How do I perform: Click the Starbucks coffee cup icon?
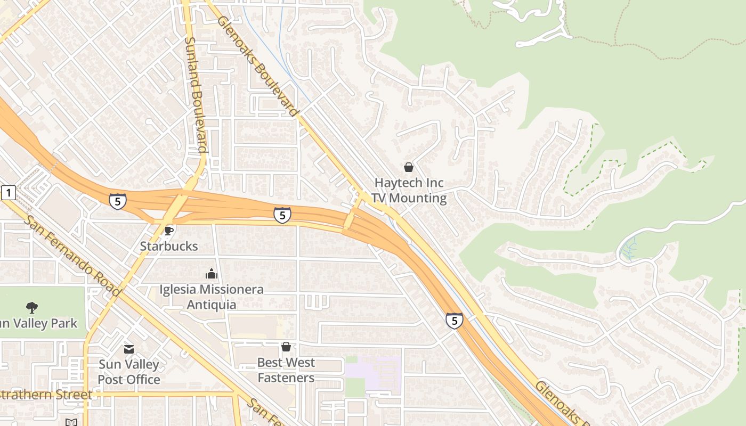click(168, 230)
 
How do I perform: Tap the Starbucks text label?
click(168, 246)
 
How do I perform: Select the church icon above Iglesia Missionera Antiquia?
click(212, 274)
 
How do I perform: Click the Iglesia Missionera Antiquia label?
click(212, 297)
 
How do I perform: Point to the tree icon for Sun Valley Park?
click(32, 307)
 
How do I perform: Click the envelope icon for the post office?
click(129, 349)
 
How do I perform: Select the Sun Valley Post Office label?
click(129, 372)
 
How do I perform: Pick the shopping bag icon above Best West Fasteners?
click(286, 347)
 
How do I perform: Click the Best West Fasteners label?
click(286, 370)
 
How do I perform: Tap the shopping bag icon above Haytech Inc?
click(409, 167)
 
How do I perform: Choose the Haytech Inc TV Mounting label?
click(409, 190)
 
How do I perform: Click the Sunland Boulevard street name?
click(195, 94)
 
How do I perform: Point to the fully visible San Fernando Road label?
click(72, 256)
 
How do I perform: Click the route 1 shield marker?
click(9, 192)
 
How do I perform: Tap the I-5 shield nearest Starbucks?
click(118, 201)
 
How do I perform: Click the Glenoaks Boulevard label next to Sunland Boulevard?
click(257, 66)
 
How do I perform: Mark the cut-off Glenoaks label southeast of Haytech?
click(559, 403)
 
